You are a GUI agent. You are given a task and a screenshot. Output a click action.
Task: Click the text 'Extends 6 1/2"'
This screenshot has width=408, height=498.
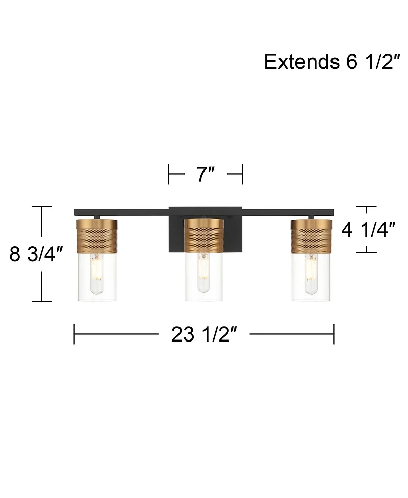point(329,62)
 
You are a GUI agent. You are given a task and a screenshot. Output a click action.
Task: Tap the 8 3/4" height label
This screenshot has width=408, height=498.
point(35,254)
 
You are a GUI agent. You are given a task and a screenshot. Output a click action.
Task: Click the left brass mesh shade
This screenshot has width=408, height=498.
point(96,235)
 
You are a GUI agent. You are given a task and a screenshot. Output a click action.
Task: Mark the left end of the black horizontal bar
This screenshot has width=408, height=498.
point(76,212)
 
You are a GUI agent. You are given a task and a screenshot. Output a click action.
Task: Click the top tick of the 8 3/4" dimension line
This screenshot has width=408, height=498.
point(41,206)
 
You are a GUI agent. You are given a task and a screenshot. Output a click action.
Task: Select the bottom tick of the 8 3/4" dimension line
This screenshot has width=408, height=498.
point(41,301)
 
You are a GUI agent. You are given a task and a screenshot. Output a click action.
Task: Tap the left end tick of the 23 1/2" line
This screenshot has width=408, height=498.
point(74,334)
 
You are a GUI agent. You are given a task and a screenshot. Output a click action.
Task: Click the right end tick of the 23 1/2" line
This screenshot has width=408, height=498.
point(334,334)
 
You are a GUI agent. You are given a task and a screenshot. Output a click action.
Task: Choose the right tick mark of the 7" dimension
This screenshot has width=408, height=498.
point(242,174)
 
